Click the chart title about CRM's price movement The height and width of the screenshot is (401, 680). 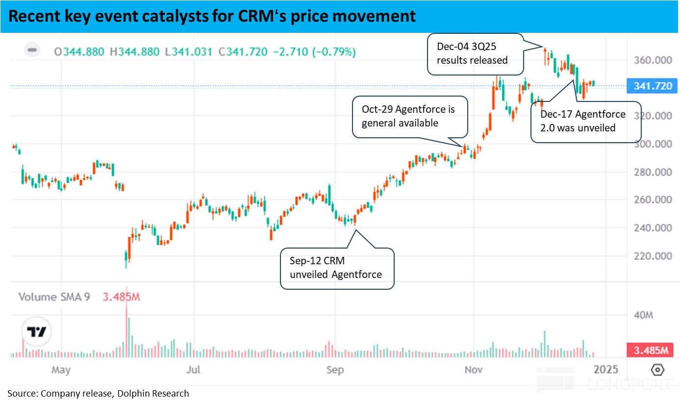pos(212,16)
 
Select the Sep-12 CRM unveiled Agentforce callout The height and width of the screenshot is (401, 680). pos(336,268)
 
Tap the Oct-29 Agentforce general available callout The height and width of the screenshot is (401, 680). pos(409,116)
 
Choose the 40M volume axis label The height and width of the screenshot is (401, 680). pos(643,315)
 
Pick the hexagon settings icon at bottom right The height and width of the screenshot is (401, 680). pos(657,370)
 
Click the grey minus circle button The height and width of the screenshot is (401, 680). pos(32,50)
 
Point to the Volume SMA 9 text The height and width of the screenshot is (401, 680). pos(54,297)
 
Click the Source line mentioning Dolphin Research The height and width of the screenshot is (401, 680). pos(98,393)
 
